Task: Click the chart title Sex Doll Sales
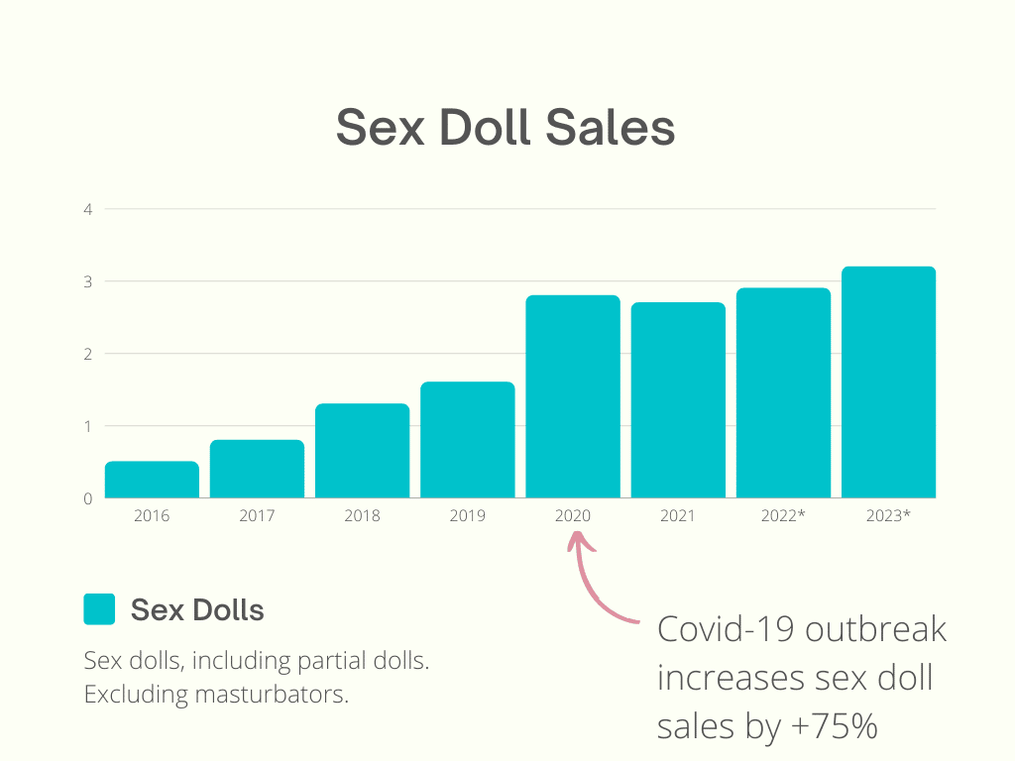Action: (x=506, y=128)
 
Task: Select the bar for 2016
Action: (x=152, y=480)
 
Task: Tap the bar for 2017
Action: (x=257, y=469)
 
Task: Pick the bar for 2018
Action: (x=362, y=451)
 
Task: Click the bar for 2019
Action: (x=467, y=440)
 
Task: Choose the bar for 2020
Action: (x=572, y=396)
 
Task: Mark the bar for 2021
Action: (x=678, y=400)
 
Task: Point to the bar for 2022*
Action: (x=783, y=393)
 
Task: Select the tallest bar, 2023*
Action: (x=888, y=382)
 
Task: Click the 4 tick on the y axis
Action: (x=88, y=209)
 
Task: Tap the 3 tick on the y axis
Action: (x=88, y=281)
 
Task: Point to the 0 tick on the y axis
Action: (x=88, y=498)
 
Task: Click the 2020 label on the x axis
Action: (x=572, y=516)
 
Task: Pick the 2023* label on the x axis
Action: (x=888, y=516)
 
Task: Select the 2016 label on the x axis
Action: (x=152, y=516)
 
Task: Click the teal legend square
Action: (x=99, y=609)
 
